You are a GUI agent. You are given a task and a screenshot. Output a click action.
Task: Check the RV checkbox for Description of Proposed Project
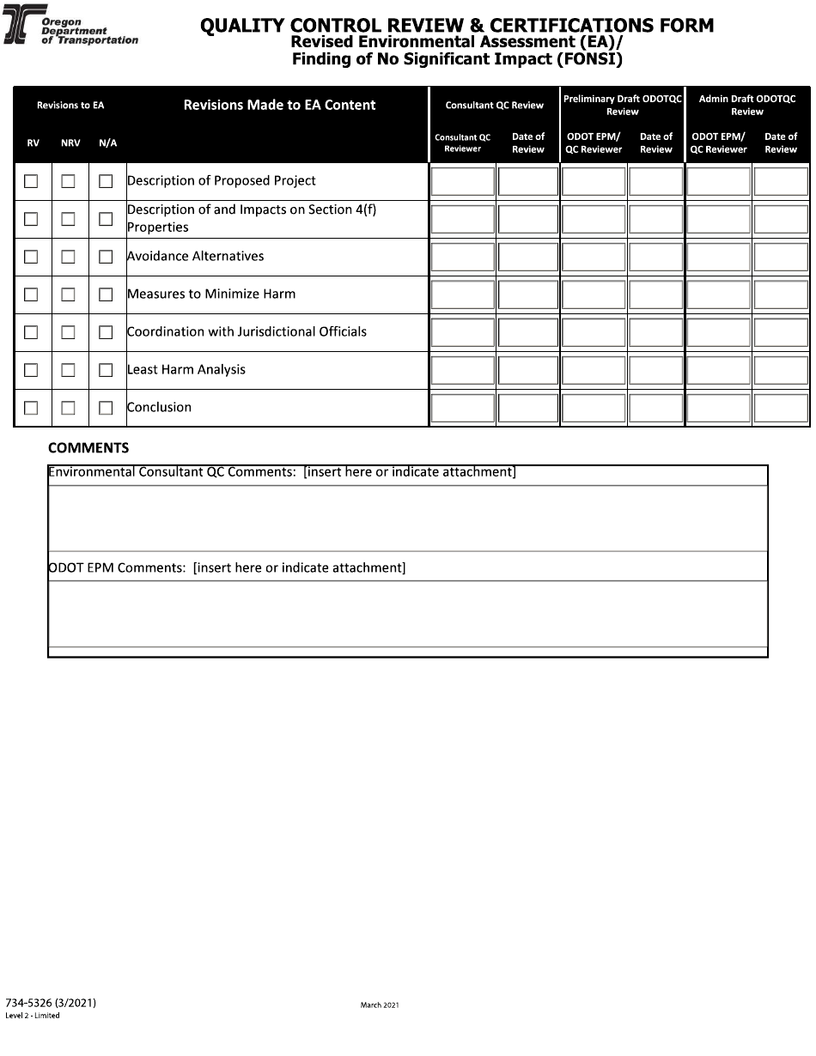(31, 181)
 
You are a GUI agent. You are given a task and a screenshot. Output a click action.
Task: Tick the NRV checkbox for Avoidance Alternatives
(69, 257)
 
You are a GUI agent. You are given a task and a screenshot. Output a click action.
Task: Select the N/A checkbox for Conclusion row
(106, 408)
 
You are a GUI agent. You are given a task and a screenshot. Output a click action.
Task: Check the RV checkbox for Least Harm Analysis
(31, 370)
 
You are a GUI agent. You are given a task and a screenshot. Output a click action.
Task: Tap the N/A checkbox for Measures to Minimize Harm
(106, 294)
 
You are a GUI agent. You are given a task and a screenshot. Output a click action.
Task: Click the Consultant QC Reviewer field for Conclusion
(463, 408)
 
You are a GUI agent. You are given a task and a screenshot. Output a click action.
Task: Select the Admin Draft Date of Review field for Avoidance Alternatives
(781, 257)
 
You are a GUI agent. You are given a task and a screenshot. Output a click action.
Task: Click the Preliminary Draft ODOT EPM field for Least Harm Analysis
(594, 370)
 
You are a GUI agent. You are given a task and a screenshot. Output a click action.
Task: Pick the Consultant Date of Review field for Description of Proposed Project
(528, 181)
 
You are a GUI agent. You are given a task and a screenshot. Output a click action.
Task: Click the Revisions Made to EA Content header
(279, 105)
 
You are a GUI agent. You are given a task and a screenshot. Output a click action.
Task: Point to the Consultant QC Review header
(494, 105)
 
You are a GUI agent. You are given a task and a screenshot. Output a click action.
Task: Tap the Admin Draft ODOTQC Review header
(747, 105)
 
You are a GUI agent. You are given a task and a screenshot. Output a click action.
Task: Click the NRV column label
(70, 143)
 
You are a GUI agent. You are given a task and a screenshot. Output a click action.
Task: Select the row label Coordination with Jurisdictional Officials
(247, 332)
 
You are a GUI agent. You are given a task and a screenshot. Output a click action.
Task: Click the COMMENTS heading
(88, 448)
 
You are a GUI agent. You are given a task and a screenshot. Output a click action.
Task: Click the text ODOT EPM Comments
(118, 567)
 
